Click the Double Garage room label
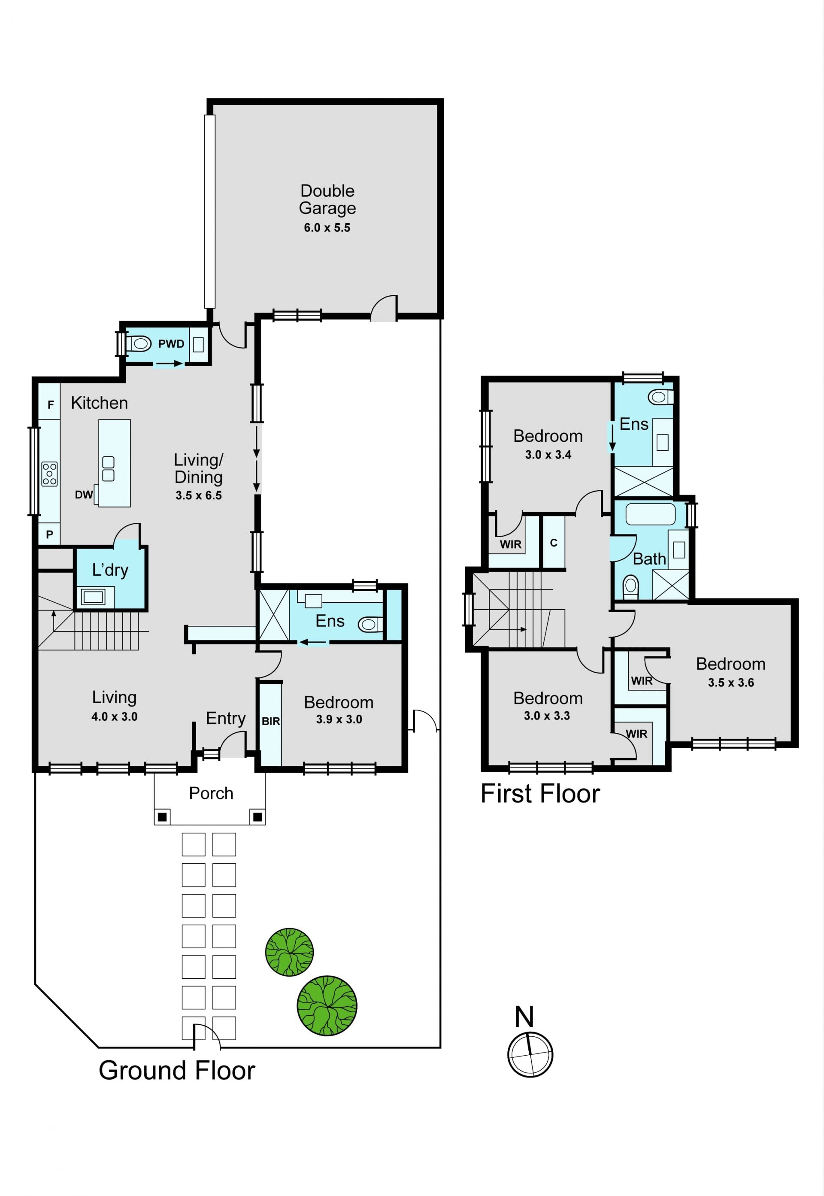click(x=327, y=199)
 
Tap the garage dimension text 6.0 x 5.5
click(x=327, y=228)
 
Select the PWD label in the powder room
click(x=171, y=344)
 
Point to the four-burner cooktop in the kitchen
click(x=49, y=474)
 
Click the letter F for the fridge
click(x=51, y=405)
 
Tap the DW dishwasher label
click(x=84, y=495)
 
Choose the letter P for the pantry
click(x=49, y=534)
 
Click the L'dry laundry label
click(x=110, y=570)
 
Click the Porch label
click(x=211, y=793)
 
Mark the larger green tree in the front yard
click(x=327, y=1005)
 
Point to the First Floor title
click(x=540, y=794)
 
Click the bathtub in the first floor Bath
click(x=651, y=514)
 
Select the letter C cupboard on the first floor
click(x=554, y=543)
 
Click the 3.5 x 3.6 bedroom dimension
click(x=730, y=683)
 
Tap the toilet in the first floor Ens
click(x=661, y=397)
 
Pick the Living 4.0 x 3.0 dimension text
click(x=114, y=716)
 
